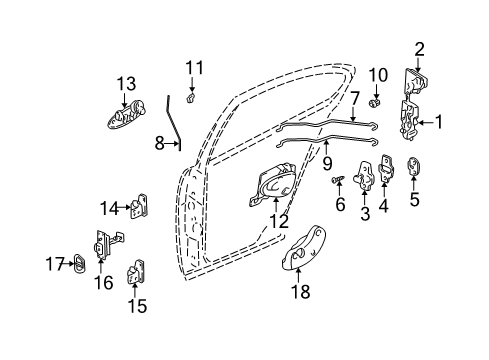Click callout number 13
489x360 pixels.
point(126,84)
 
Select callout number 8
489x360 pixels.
point(160,143)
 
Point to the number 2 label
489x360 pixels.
point(419,47)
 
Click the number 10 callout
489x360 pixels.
point(377,74)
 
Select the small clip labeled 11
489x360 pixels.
point(192,98)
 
